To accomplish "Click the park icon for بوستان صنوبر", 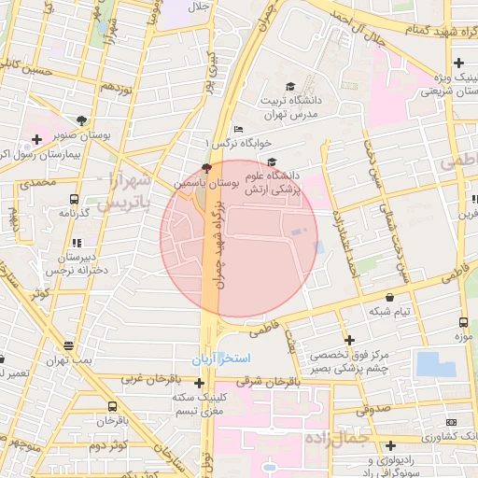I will [x=81, y=120].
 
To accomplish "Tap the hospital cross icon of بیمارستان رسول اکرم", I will [x=36, y=140].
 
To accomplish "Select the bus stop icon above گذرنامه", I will [x=74, y=199].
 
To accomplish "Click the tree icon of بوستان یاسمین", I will [x=206, y=169].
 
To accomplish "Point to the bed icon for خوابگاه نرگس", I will [x=239, y=129].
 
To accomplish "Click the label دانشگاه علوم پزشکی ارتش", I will [x=272, y=182].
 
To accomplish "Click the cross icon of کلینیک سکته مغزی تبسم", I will [x=199, y=383].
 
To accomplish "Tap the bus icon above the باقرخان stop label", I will [x=113, y=407].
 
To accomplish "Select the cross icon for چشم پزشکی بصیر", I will [x=349, y=341].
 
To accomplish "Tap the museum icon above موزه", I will [x=461, y=320].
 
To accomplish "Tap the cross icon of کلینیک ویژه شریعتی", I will [x=458, y=63].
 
